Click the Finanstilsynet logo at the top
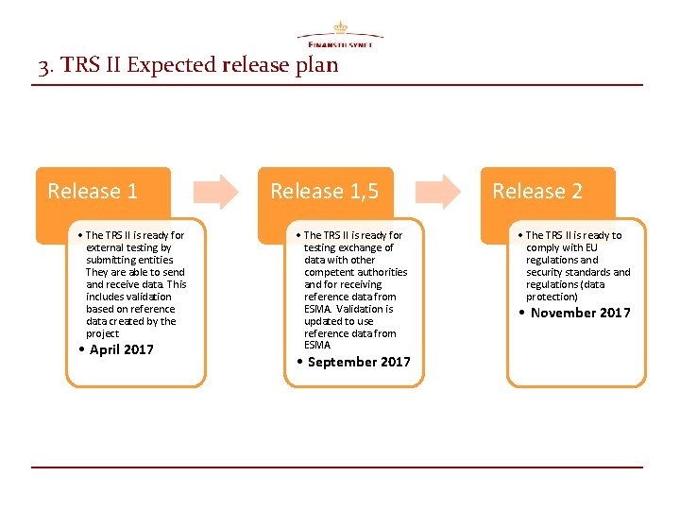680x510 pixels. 340,34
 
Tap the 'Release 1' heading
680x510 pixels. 93,192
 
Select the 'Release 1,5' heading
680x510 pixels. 324,192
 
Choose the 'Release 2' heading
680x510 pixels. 537,192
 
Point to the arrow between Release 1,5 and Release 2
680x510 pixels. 445,191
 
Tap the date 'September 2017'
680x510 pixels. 359,363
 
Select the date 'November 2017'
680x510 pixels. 580,314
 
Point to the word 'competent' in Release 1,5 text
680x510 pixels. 328,272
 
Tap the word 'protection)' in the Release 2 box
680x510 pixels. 552,297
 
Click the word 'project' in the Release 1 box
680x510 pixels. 102,333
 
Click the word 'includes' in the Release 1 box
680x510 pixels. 105,297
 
